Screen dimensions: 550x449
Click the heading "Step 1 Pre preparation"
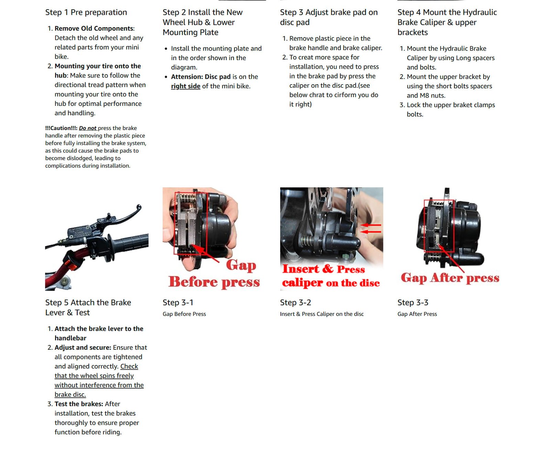click(x=86, y=12)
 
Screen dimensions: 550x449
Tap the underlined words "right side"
click(x=185, y=86)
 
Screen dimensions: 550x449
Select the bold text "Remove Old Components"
click(x=93, y=29)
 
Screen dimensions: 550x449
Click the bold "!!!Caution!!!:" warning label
click(x=61, y=128)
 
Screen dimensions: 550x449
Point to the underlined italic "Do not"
click(x=88, y=128)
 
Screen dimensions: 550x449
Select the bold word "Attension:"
click(x=187, y=77)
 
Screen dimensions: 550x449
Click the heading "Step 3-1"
click(x=178, y=303)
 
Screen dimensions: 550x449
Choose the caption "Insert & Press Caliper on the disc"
click(x=321, y=314)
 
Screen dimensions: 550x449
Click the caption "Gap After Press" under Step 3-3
click(x=417, y=314)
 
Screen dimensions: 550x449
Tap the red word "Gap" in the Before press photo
click(x=241, y=265)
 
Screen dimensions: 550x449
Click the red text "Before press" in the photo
click(x=214, y=282)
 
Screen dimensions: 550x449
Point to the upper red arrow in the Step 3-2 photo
click(x=371, y=225)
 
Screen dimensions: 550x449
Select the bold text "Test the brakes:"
click(x=79, y=404)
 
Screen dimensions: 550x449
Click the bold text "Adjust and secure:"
click(x=82, y=348)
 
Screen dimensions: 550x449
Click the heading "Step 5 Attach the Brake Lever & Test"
click(x=88, y=307)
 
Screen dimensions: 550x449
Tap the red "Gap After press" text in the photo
click(x=450, y=277)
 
